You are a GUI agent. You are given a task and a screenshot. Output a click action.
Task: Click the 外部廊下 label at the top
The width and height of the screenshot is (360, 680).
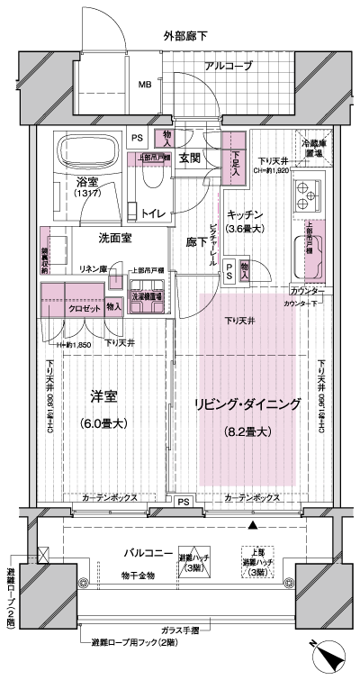pyautogui.click(x=185, y=37)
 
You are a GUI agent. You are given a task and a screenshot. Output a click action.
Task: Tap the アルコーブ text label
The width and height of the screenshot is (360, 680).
pyautogui.click(x=228, y=67)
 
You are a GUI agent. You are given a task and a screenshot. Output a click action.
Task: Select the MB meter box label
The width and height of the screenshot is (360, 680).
pyautogui.click(x=144, y=86)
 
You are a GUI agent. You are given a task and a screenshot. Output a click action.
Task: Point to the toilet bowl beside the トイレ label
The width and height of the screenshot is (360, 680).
pyautogui.click(x=150, y=186)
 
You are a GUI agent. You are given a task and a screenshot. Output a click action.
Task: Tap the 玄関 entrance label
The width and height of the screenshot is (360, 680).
pyautogui.click(x=190, y=159)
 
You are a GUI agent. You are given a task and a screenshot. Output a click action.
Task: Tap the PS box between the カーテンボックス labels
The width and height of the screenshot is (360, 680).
pyautogui.click(x=183, y=501)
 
